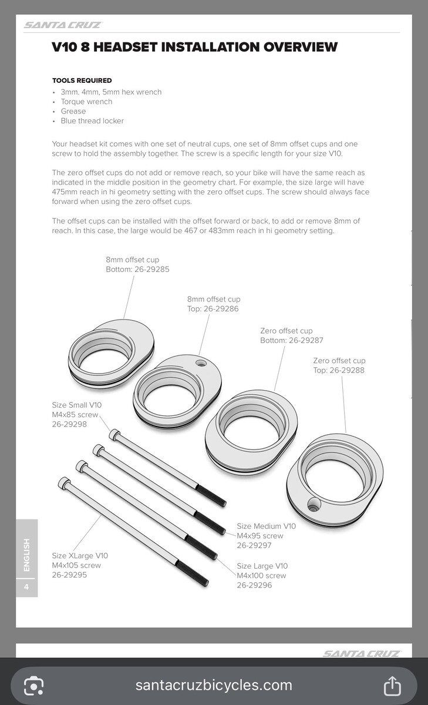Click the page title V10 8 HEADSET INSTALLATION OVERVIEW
(x=194, y=47)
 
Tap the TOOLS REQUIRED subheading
(x=82, y=80)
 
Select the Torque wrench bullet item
(x=86, y=102)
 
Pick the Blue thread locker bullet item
(x=92, y=121)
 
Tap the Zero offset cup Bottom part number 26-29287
(x=304, y=341)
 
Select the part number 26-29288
(x=347, y=370)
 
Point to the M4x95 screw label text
(x=260, y=536)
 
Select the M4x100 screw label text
(x=262, y=576)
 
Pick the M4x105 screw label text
(x=76, y=565)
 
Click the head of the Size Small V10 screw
(x=114, y=435)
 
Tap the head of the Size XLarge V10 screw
(x=63, y=482)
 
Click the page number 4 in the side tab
(x=26, y=586)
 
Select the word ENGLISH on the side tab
(x=26, y=555)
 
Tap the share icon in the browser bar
(x=392, y=684)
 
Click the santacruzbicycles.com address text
(x=214, y=685)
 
